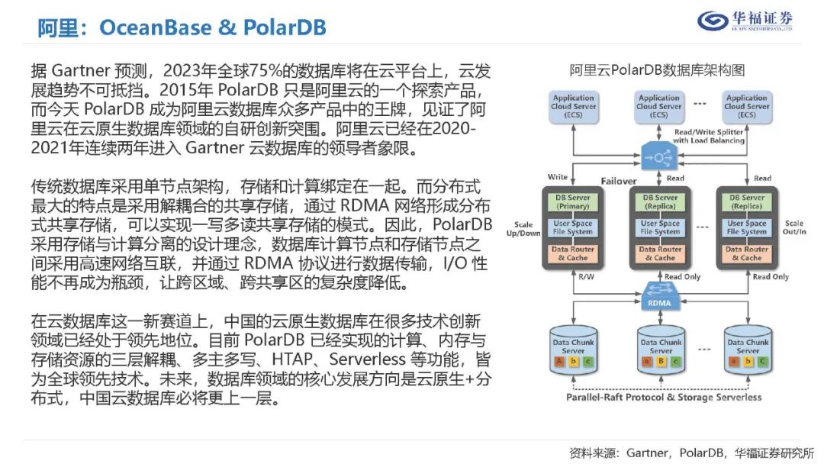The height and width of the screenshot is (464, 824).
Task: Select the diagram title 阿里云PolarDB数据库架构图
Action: click(657, 71)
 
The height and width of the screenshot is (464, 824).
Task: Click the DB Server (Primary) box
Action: click(573, 201)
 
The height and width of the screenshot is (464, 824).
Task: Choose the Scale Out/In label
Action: click(793, 228)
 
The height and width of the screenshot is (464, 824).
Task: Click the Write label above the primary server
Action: click(558, 177)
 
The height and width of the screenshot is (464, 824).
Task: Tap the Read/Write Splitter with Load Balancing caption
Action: click(709, 136)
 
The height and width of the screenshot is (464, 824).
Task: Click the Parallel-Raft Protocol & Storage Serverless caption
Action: click(663, 397)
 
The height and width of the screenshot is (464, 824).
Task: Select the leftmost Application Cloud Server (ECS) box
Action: click(573, 106)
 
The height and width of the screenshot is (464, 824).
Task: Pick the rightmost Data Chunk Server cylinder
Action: click(747, 350)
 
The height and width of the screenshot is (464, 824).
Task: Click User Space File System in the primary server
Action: click(573, 227)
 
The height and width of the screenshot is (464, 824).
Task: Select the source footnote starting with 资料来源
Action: click(692, 452)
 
